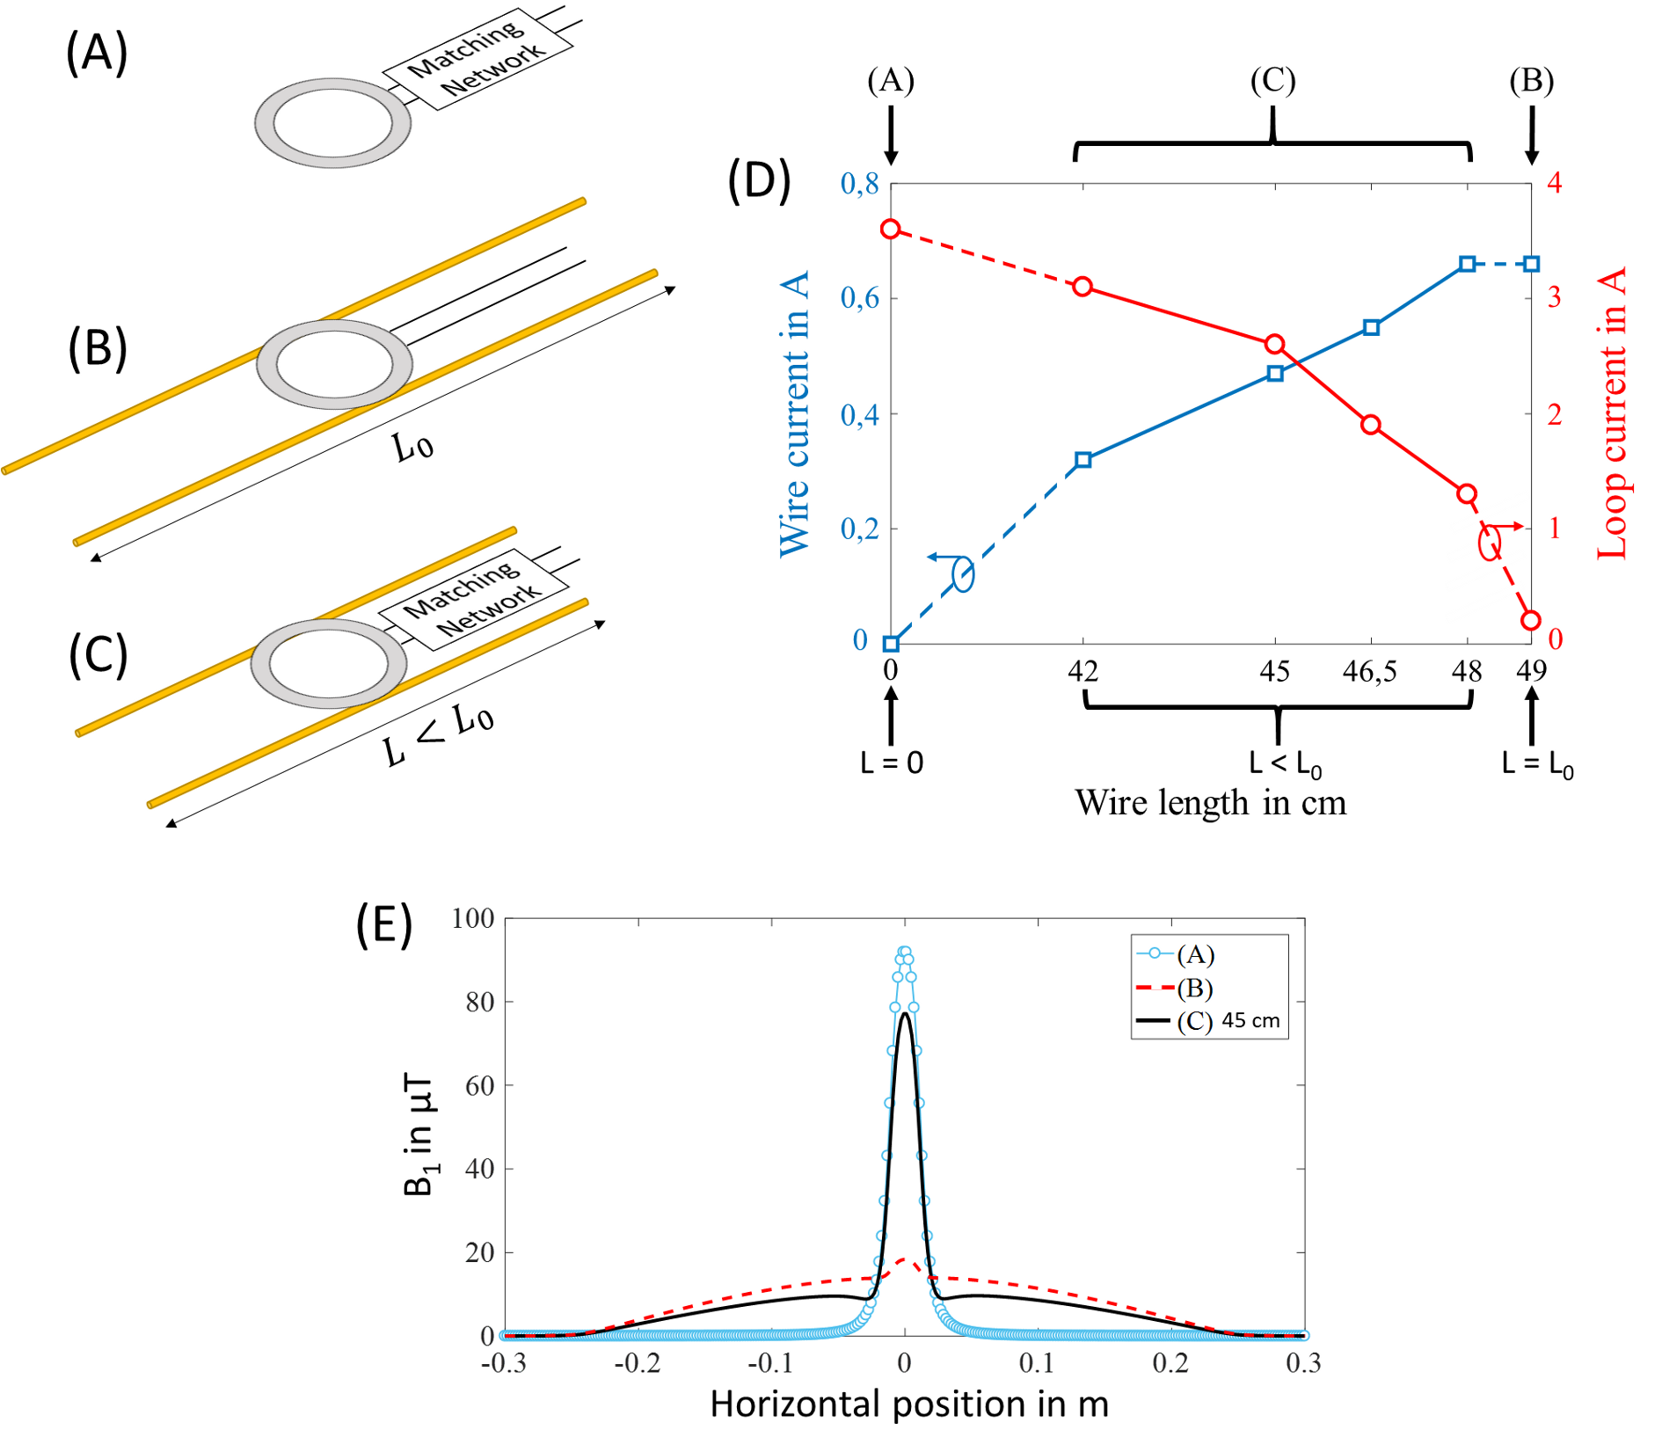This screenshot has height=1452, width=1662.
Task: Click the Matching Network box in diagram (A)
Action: tap(477, 60)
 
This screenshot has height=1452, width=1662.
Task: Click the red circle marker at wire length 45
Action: tap(1274, 344)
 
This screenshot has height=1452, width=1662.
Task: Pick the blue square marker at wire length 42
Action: tap(1083, 460)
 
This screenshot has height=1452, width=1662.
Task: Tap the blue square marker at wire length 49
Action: tap(1531, 264)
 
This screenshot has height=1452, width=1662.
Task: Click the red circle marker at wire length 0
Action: tap(891, 229)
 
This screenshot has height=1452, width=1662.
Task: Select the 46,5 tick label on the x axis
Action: tap(1369, 672)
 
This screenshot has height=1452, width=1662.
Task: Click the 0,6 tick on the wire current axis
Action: tap(859, 299)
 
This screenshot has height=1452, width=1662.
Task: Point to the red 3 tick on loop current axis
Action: tap(1554, 297)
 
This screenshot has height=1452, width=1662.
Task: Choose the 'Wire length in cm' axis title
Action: tap(1210, 803)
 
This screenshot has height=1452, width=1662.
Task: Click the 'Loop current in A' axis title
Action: tap(1611, 413)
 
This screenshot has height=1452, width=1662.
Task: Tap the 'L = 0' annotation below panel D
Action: tap(891, 762)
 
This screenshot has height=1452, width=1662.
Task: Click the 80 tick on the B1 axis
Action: tap(479, 1002)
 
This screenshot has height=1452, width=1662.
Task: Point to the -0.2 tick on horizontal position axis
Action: tap(637, 1363)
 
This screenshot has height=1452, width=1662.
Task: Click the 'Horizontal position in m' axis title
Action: tap(908, 1405)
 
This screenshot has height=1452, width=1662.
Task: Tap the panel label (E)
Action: tap(384, 925)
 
